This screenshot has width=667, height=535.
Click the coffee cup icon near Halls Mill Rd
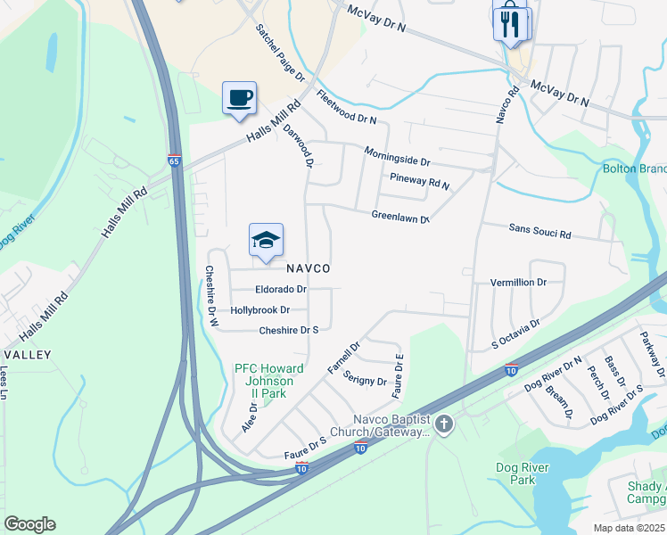(x=239, y=97)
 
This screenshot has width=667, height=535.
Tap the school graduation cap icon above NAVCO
(x=266, y=241)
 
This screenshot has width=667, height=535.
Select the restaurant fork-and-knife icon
(x=509, y=23)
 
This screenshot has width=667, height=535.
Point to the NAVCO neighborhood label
(x=309, y=268)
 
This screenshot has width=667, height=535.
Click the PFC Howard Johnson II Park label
(x=269, y=382)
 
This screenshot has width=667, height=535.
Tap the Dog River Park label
(x=516, y=473)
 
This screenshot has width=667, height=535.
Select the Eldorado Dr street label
(x=281, y=290)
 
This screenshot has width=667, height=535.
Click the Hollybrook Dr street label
(x=260, y=310)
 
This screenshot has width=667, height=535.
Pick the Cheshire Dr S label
(x=289, y=331)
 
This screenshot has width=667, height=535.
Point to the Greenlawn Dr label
(x=400, y=217)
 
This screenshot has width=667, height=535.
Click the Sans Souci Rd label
(x=539, y=232)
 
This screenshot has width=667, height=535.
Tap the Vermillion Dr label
(x=518, y=283)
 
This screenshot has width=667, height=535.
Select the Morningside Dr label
(x=397, y=157)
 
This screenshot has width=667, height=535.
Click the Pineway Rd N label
(x=420, y=182)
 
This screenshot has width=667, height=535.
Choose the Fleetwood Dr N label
(x=346, y=108)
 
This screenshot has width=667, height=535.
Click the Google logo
(x=29, y=524)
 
